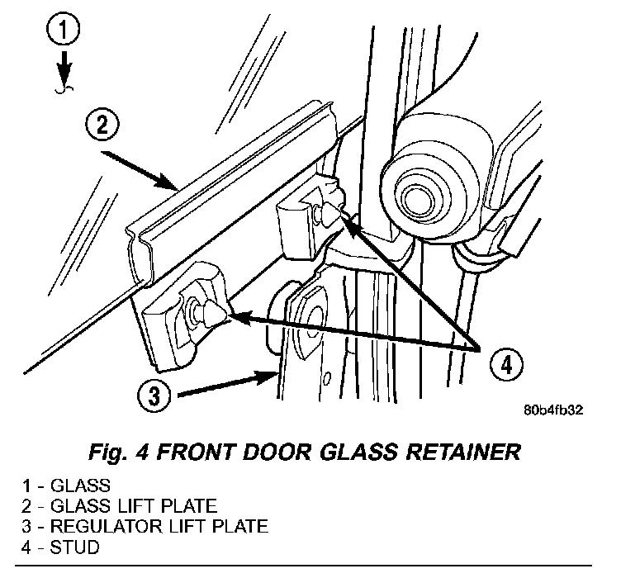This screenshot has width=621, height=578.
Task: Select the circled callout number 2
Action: (102, 126)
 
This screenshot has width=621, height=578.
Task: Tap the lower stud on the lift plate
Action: (211, 314)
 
